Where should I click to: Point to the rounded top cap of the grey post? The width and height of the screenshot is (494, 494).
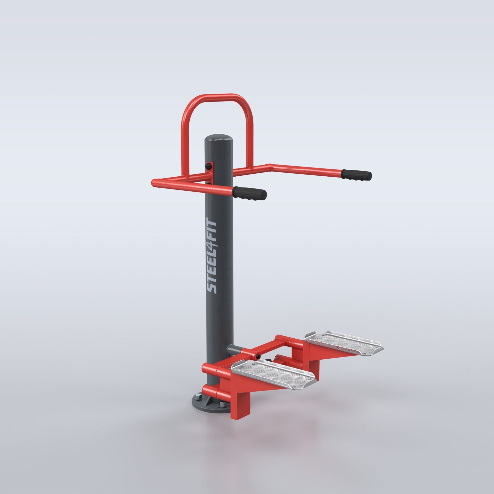[219, 137]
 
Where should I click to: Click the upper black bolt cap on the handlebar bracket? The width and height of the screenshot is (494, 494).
[209, 166]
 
